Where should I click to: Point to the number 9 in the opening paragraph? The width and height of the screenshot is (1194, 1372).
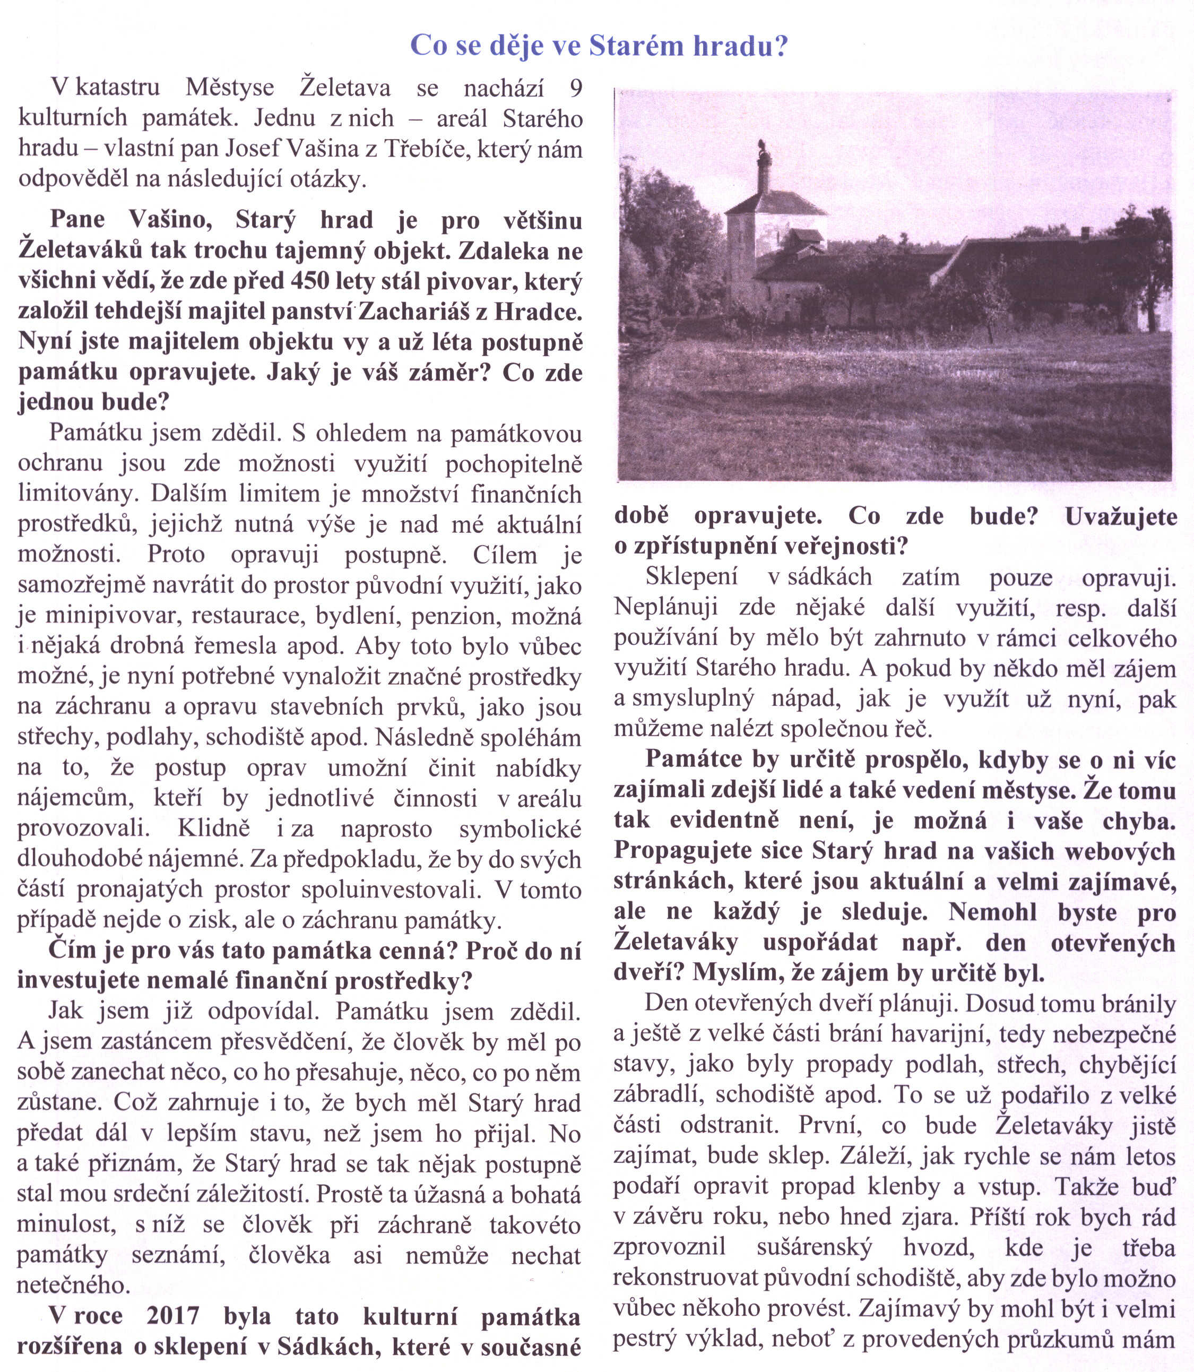(x=576, y=88)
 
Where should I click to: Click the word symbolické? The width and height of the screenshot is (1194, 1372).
(x=521, y=829)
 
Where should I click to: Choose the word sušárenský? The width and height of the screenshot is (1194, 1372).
(x=814, y=1247)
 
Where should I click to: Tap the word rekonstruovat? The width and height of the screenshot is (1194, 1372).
(x=683, y=1278)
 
